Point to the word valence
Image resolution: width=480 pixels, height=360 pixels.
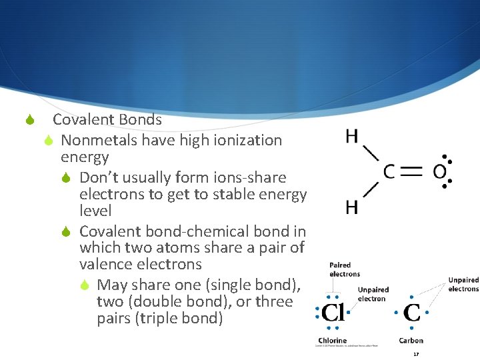click(108, 265)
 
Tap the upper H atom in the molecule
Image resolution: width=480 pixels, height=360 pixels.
click(351, 136)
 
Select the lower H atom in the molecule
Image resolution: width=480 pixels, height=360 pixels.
click(351, 207)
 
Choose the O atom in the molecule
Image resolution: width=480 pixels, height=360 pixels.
click(439, 172)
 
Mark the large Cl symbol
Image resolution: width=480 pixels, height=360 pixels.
click(333, 313)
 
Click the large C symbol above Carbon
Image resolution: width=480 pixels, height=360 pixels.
click(411, 313)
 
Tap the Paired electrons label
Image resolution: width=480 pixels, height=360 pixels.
click(344, 269)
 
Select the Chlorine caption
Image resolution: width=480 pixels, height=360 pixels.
click(332, 341)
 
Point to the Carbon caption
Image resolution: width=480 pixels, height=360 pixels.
click(411, 341)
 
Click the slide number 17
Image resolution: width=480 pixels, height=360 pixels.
click(416, 353)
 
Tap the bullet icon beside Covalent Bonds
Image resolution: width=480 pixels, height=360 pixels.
click(29, 121)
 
